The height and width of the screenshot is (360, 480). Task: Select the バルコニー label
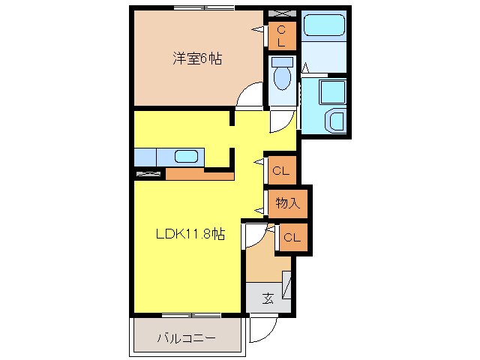click(186, 338)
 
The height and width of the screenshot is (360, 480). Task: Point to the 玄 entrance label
click(267, 298)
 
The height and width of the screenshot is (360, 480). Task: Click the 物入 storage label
click(287, 202)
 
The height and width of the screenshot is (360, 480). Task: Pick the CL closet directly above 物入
click(281, 171)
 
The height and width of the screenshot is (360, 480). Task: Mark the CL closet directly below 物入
click(292, 238)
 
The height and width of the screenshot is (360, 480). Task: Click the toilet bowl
click(283, 76)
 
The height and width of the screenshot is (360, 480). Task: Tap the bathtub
click(324, 27)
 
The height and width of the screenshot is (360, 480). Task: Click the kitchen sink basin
click(186, 157)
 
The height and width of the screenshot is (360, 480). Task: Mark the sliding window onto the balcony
click(188, 313)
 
